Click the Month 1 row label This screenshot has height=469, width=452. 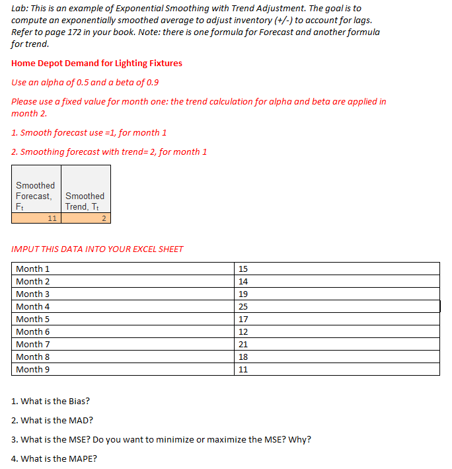coord(32,269)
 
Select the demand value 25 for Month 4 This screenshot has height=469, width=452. coord(243,306)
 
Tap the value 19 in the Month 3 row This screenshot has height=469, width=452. coord(243,294)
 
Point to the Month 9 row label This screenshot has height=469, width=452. coord(32,369)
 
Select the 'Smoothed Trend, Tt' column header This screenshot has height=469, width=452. coord(85,201)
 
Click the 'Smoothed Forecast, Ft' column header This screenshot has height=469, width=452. coord(36,196)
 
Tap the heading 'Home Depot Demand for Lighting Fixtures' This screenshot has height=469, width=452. coord(96,64)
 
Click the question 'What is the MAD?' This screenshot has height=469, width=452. coord(52,420)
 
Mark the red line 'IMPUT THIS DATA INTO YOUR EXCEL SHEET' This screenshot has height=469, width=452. coord(97,249)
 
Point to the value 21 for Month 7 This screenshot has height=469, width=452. coord(243,344)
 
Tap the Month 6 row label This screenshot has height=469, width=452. coord(32,331)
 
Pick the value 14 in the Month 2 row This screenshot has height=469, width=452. coord(243,281)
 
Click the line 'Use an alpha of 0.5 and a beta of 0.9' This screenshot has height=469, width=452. coord(85,83)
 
